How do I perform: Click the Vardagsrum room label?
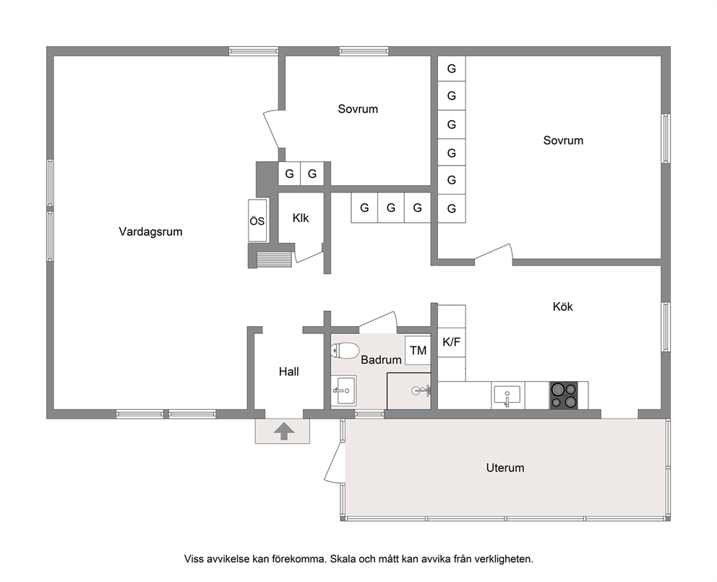(x=150, y=231)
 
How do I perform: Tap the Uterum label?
(x=505, y=468)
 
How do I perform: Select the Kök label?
(x=562, y=307)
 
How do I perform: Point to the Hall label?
(x=288, y=372)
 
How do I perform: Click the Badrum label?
(x=381, y=359)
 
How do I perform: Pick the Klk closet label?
(x=301, y=218)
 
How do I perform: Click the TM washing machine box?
(x=418, y=351)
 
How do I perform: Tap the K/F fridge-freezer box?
(x=451, y=342)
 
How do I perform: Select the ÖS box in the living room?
(x=257, y=221)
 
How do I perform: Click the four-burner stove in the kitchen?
(x=563, y=395)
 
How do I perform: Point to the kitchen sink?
(x=507, y=395)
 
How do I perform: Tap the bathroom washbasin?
(x=344, y=390)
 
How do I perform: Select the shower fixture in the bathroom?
(x=421, y=390)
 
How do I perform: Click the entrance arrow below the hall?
(x=283, y=431)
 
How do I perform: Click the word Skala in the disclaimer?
(x=342, y=559)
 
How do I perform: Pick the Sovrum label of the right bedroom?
(x=563, y=140)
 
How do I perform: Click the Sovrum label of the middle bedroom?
(x=358, y=109)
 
